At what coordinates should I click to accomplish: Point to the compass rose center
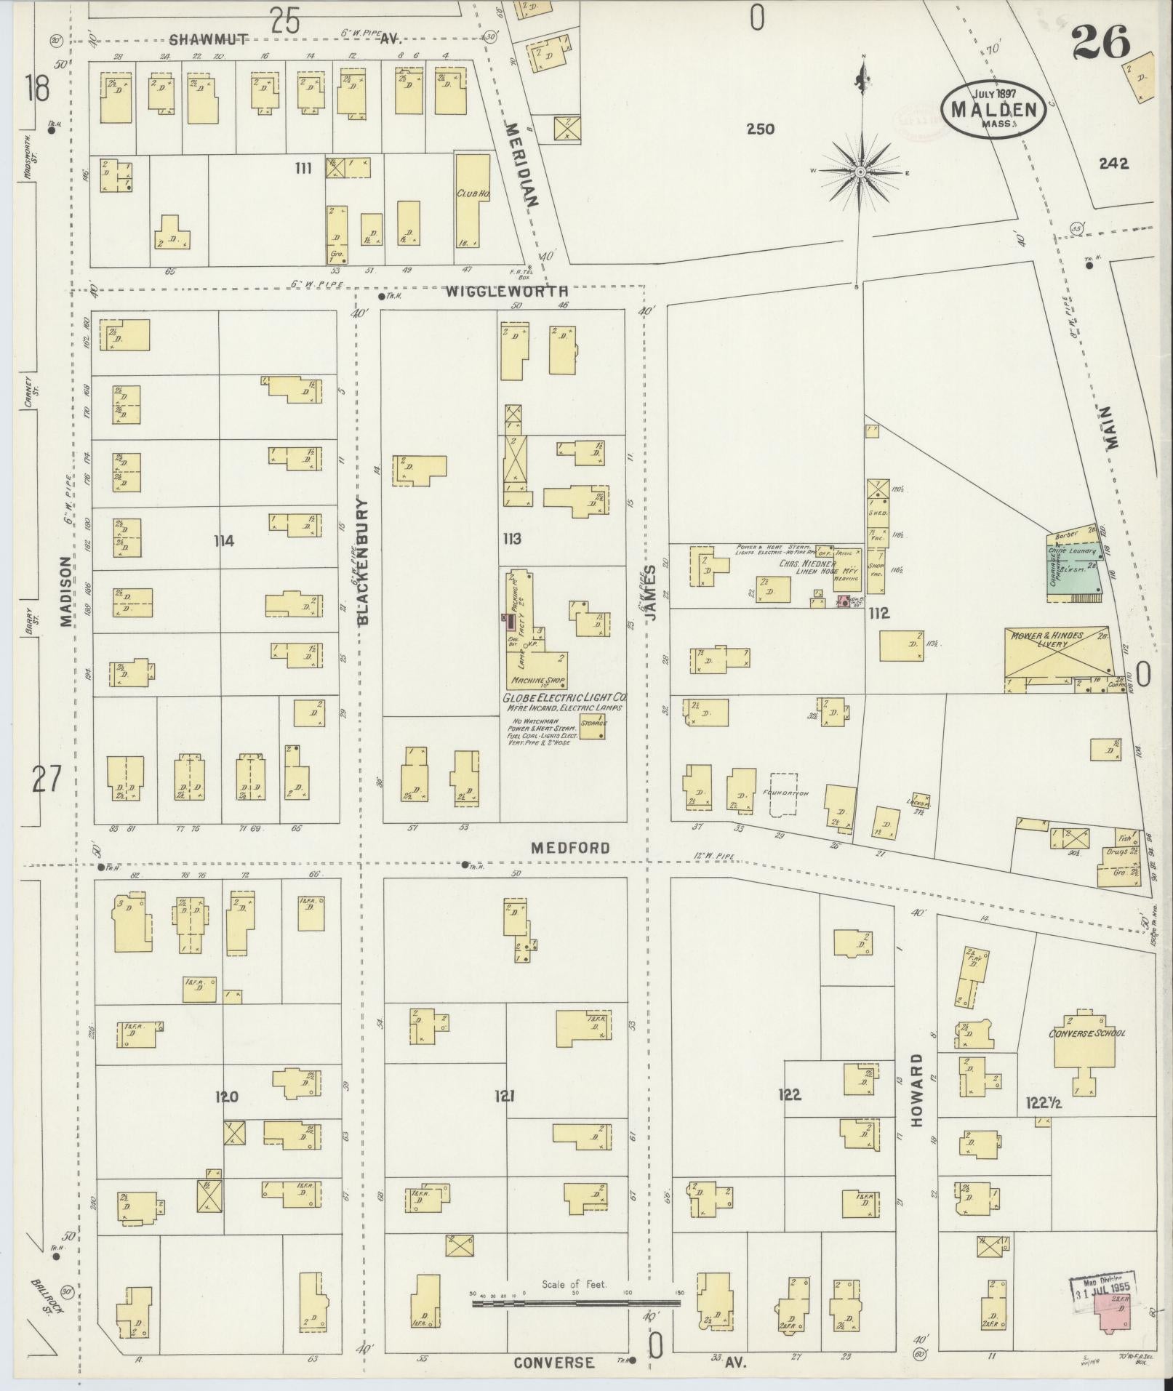tap(860, 172)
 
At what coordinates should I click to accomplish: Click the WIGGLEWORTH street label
tap(506, 292)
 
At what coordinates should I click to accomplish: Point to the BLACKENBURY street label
tap(364, 561)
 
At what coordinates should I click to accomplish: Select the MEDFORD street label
tap(569, 848)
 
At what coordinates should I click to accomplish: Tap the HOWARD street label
tap(916, 1100)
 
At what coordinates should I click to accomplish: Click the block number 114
tap(224, 540)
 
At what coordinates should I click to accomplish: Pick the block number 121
tap(504, 1096)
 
